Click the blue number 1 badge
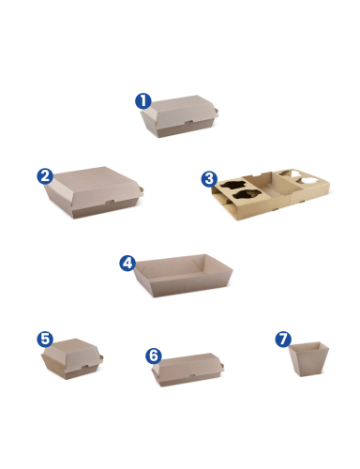pyautogui.click(x=143, y=101)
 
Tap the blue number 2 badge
pyautogui.click(x=45, y=176)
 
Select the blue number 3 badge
pyautogui.click(x=209, y=179)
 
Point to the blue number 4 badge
pyautogui.click(x=127, y=264)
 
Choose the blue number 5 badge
pyautogui.click(x=45, y=340)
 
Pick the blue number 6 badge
pyautogui.click(x=154, y=356)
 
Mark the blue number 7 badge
pyautogui.click(x=283, y=340)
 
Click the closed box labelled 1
pyautogui.click(x=179, y=116)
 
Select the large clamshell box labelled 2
pyautogui.click(x=94, y=192)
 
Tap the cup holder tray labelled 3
pyautogui.click(x=271, y=194)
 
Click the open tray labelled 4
pyautogui.click(x=184, y=275)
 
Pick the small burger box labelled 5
pyautogui.click(x=72, y=359)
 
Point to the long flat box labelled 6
pyautogui.click(x=187, y=370)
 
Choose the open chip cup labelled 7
pyautogui.click(x=308, y=359)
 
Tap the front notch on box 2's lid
pyautogui.click(x=110, y=202)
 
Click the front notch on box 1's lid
pyautogui.click(x=188, y=122)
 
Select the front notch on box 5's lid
pyautogui.click(x=83, y=366)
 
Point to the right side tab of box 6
pyautogui.click(x=222, y=366)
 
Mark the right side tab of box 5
pyautogui.click(x=101, y=358)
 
